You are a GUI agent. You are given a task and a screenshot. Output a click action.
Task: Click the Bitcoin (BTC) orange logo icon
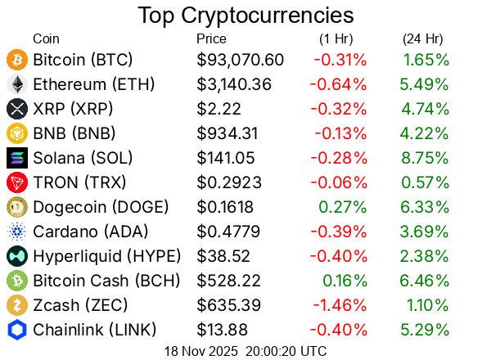point(17,60)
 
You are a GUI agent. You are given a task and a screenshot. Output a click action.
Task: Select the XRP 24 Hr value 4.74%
point(426,109)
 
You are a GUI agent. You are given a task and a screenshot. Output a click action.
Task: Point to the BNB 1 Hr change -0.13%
point(339,133)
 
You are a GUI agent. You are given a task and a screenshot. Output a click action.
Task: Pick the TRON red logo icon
point(17,182)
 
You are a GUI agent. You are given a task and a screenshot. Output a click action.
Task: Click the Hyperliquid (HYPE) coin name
point(107,256)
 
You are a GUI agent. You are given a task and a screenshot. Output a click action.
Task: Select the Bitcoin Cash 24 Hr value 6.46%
point(426,281)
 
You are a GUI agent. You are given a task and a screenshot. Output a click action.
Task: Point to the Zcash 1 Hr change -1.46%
point(339,305)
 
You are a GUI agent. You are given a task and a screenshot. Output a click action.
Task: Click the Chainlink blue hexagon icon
point(17,330)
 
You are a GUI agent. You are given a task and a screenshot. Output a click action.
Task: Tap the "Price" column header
point(212,38)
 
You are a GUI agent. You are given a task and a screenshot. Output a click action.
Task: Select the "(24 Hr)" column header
point(423,38)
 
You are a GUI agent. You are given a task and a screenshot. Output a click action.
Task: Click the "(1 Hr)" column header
point(336,38)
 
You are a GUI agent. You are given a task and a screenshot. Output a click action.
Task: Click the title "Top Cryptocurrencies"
point(245,15)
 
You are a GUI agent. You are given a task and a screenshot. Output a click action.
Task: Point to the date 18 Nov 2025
point(199,350)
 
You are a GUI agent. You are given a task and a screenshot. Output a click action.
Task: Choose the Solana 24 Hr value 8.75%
point(426,158)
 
